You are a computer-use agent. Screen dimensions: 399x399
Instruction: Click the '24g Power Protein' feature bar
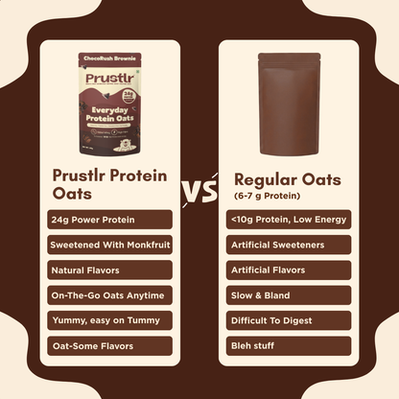coord(109,220)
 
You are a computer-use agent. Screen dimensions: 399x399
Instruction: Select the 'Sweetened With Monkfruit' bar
coord(109,245)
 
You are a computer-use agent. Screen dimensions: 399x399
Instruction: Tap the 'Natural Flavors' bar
coord(109,270)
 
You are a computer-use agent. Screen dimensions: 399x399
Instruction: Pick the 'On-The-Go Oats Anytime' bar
coord(109,294)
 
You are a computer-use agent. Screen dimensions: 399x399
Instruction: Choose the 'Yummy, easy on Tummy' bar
coord(109,319)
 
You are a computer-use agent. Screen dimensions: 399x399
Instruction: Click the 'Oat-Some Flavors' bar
coord(109,344)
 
